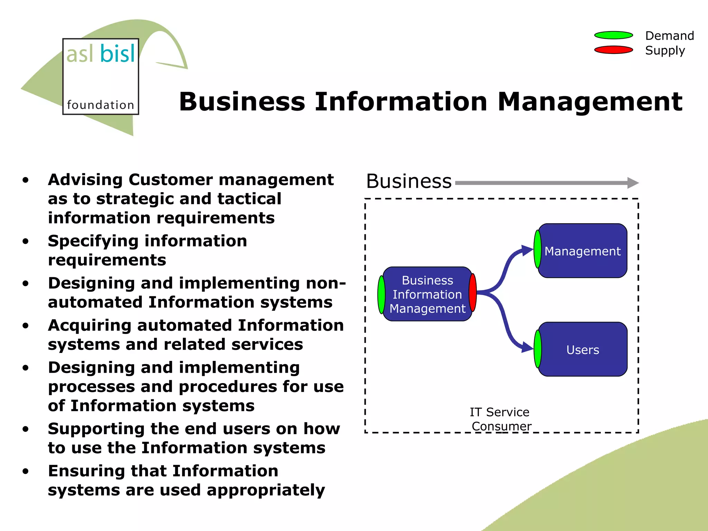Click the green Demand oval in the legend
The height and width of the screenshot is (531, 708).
(x=614, y=35)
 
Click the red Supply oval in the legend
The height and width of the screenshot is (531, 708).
(x=614, y=50)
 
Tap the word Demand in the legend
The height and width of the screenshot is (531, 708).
(x=670, y=36)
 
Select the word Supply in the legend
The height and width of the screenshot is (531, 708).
(x=665, y=50)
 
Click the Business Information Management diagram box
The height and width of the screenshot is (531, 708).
(x=427, y=294)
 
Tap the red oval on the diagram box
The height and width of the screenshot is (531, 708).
(x=473, y=292)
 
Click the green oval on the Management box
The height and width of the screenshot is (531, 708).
(x=538, y=249)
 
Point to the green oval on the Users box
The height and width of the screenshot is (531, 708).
(x=538, y=349)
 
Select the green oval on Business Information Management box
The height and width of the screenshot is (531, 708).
(x=381, y=295)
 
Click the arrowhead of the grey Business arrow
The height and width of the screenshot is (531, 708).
(x=633, y=183)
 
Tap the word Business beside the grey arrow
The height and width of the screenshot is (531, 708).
(x=409, y=181)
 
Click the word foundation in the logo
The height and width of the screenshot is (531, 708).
(x=100, y=105)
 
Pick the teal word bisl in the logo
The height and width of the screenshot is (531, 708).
(x=118, y=54)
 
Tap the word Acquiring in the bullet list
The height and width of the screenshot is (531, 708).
(x=90, y=326)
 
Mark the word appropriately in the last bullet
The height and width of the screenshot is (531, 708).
(x=266, y=490)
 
